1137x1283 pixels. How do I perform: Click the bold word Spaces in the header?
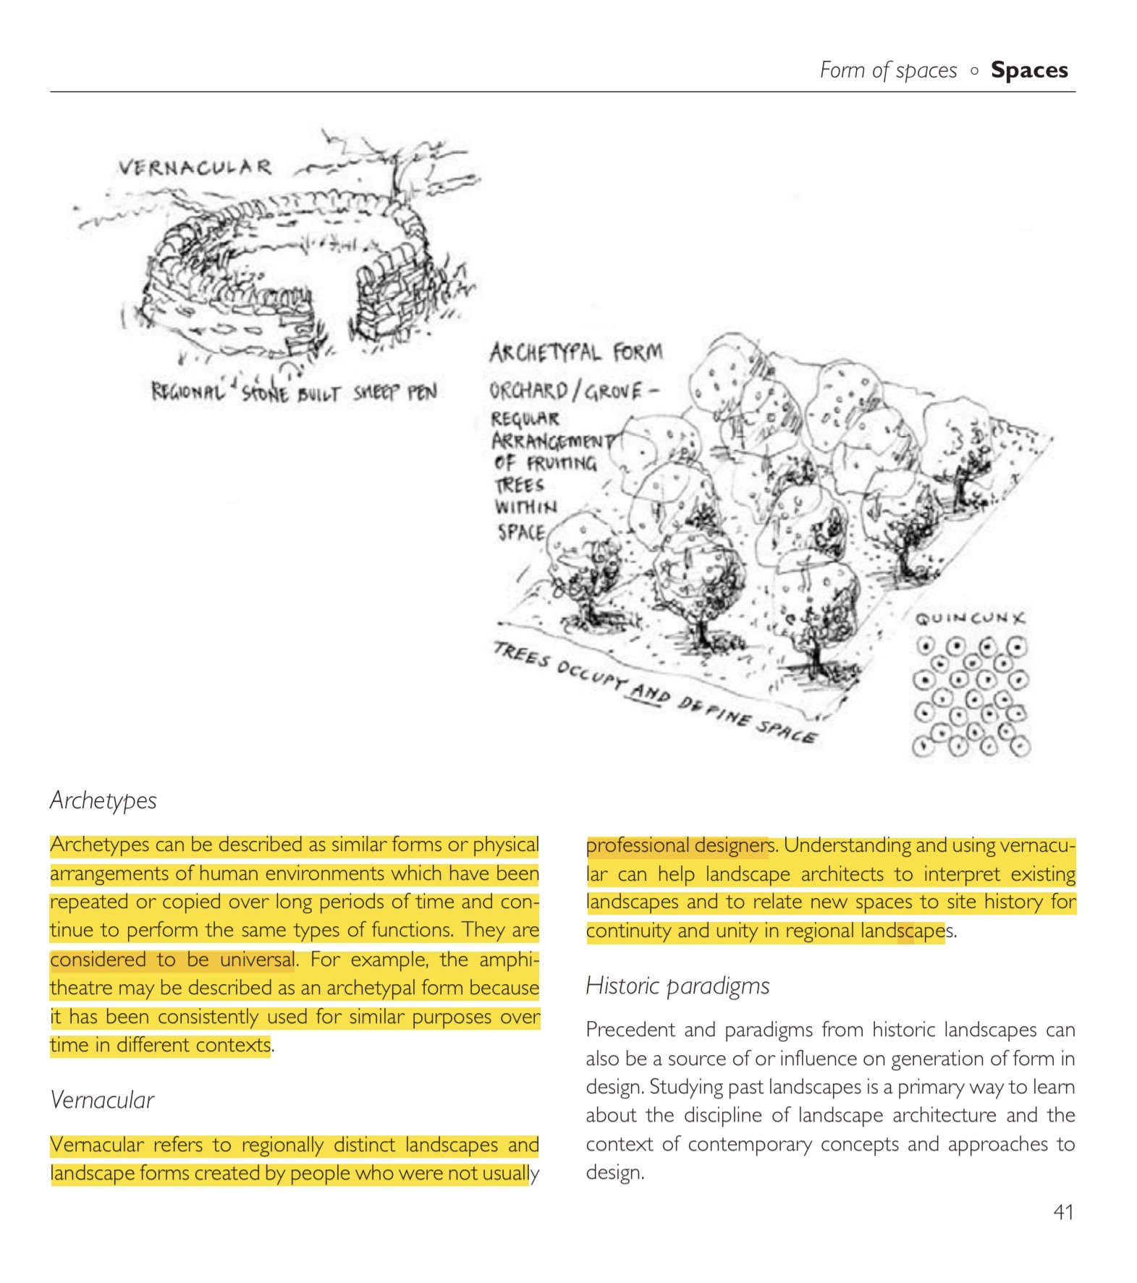[x=1028, y=70]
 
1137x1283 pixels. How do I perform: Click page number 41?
[x=1062, y=1211]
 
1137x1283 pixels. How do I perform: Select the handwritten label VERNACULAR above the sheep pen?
[x=195, y=168]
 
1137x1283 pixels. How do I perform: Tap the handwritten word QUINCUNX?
[x=969, y=619]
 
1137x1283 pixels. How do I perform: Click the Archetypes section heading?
[x=103, y=800]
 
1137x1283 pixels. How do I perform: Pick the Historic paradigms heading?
[x=677, y=986]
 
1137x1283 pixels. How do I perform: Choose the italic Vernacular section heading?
[x=102, y=1100]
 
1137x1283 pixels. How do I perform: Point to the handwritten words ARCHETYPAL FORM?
[x=575, y=353]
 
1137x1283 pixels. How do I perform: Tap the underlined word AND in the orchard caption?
[x=649, y=693]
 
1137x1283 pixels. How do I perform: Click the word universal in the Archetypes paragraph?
[x=258, y=960]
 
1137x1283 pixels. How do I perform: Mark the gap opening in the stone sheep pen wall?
[x=333, y=304]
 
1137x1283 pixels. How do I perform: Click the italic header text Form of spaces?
[x=888, y=70]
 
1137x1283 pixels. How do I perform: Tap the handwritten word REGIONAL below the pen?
[x=187, y=392]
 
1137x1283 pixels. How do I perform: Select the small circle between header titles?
[x=974, y=71]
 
